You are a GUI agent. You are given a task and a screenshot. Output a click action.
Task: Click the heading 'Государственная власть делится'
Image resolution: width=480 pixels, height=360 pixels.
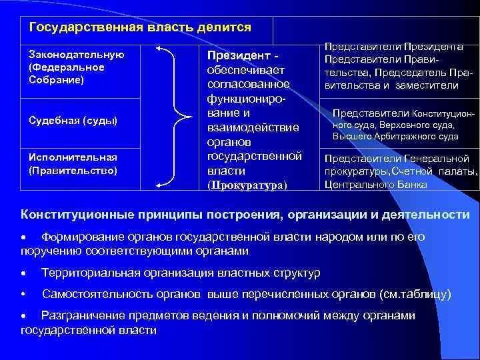point(140,28)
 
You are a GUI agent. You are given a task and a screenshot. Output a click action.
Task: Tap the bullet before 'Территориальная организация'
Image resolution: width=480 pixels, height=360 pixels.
point(23,273)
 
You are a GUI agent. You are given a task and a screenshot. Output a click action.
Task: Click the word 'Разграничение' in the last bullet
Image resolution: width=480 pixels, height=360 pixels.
point(83,315)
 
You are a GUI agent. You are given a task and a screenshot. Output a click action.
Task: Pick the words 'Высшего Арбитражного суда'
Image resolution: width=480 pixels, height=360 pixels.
point(395,136)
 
